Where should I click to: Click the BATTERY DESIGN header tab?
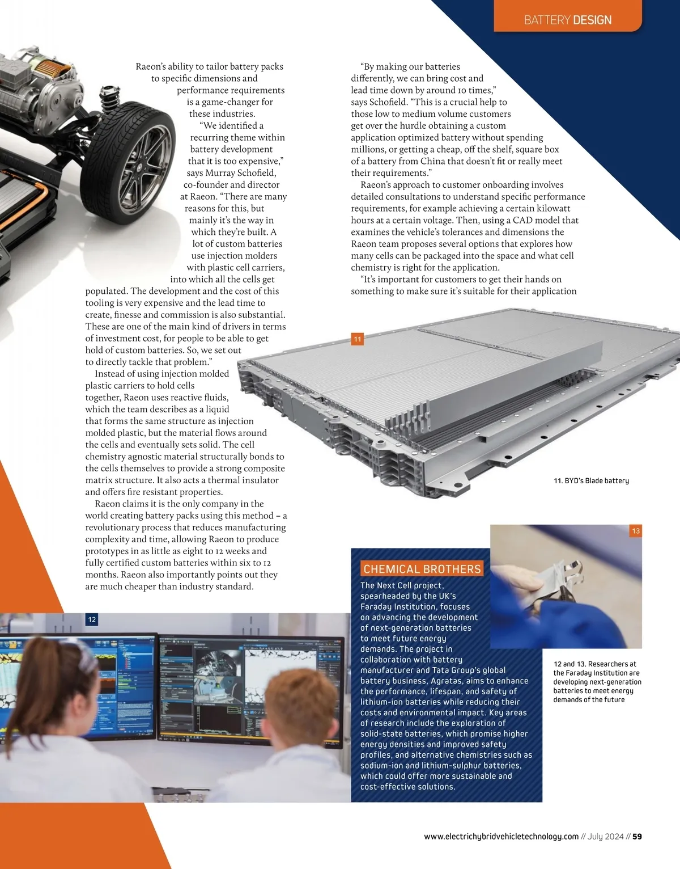[x=567, y=16]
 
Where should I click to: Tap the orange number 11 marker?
[x=357, y=339]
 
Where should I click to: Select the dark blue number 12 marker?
[x=92, y=619]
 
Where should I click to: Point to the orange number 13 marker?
[x=636, y=531]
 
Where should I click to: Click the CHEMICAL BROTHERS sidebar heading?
[x=422, y=569]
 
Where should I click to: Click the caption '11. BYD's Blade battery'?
[x=591, y=480]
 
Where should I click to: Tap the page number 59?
[x=637, y=836]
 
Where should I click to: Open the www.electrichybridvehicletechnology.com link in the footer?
[x=501, y=836]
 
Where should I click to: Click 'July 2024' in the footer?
[x=605, y=836]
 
